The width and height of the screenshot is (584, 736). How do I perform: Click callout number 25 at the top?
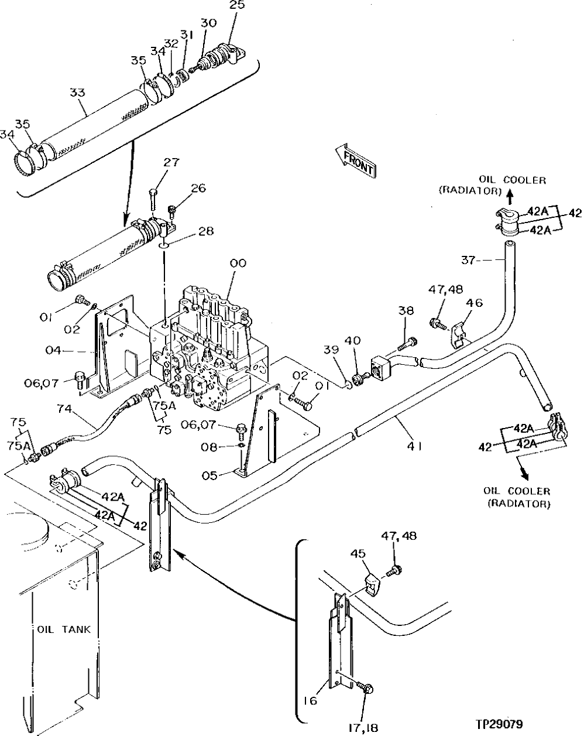click(238, 6)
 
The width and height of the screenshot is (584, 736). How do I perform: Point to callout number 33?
click(77, 93)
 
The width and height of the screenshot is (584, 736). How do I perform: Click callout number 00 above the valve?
click(238, 264)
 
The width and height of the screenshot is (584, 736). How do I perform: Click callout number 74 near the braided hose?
click(64, 409)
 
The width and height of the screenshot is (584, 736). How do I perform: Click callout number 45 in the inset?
click(359, 553)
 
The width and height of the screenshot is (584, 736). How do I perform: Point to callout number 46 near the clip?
click(474, 303)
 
